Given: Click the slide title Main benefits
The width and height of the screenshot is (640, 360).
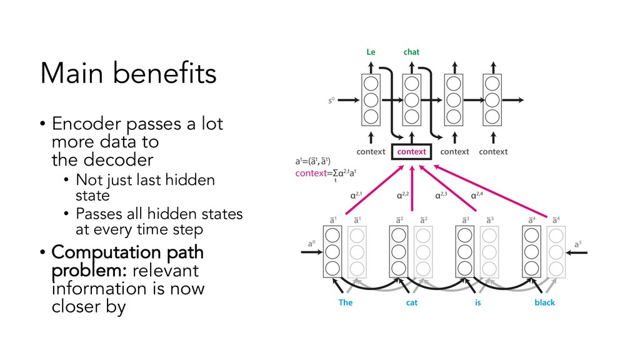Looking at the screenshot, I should point(128,74).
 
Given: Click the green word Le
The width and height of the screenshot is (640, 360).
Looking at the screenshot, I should point(371,52).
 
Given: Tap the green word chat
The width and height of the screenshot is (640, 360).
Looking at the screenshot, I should point(411,52).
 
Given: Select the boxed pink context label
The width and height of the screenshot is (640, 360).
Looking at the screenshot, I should point(412,152).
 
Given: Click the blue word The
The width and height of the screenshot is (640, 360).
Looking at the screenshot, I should point(346,302).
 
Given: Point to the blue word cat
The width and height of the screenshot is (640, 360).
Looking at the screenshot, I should point(412,302).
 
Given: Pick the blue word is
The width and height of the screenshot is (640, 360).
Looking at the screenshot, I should point(477,302).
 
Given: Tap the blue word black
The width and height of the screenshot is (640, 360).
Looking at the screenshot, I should point(544,302).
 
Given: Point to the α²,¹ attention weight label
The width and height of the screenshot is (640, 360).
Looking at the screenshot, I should point(356,196).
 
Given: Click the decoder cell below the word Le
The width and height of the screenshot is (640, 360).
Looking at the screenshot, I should point(371,99).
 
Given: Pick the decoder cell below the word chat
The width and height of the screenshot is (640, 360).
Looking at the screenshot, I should point(411,99).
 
